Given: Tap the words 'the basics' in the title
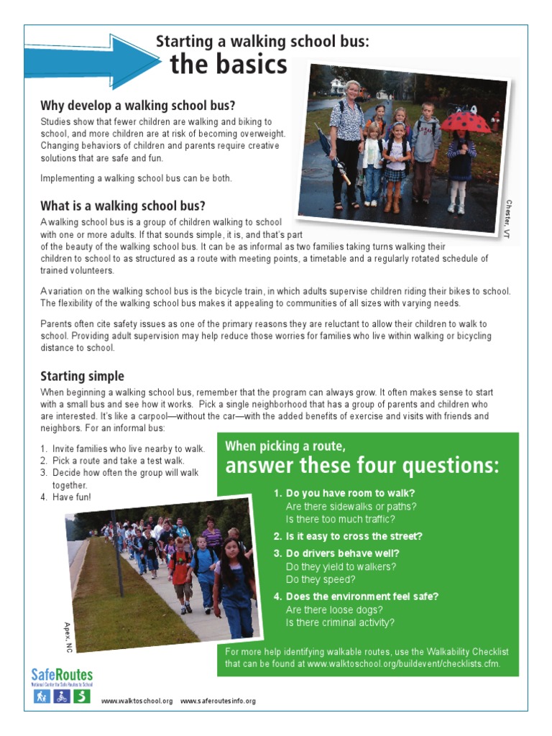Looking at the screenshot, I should click(x=228, y=65).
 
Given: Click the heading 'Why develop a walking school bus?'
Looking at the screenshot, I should click(x=137, y=106).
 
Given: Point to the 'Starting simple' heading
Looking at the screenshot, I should click(x=82, y=376).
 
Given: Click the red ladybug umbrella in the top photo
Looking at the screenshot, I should click(x=466, y=120).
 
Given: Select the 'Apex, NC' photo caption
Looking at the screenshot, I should click(x=69, y=637).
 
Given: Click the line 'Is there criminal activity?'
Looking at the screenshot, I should click(x=340, y=622).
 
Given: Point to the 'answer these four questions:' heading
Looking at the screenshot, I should click(x=362, y=466).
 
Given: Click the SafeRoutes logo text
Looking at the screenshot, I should click(x=62, y=675).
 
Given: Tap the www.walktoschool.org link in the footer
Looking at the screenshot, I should click(x=137, y=701).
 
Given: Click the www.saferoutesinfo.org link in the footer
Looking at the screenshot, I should click(x=218, y=701).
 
